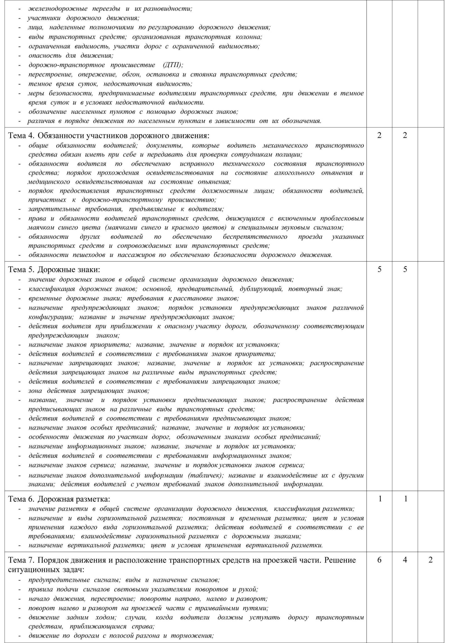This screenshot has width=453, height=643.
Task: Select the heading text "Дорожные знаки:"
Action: (69, 270)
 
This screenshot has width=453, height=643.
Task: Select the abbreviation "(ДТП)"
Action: (173, 65)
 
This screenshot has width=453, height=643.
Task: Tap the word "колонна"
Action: (248, 37)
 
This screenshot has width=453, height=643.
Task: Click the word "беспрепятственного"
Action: (255, 237)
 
